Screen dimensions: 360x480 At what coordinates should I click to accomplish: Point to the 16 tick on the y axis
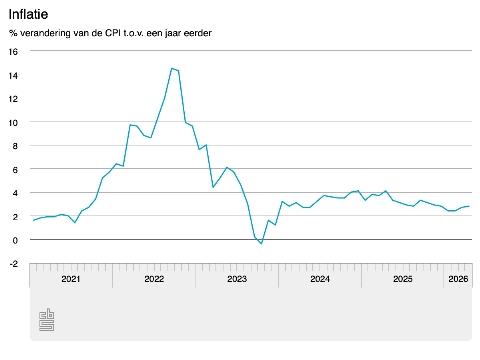13,51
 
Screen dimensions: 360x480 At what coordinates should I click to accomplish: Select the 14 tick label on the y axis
13,75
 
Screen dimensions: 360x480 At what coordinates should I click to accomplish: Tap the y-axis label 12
13,98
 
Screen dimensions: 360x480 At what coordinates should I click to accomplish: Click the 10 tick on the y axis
13,122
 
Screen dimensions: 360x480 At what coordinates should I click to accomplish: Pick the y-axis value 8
15,145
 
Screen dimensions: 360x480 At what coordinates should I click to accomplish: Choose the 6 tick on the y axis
15,169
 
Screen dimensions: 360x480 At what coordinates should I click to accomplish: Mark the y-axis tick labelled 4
15,192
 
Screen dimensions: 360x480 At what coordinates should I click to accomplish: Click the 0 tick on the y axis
15,240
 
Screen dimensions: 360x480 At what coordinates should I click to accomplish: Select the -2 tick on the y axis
13,263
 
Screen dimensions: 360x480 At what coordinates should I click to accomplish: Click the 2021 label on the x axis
70,279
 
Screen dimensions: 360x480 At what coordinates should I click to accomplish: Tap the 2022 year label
153,279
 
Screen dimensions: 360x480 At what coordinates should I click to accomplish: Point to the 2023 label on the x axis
236,279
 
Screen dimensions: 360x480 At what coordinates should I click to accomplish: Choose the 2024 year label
319,279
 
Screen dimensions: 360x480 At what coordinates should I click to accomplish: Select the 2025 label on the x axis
402,279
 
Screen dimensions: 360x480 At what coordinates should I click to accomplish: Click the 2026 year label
457,279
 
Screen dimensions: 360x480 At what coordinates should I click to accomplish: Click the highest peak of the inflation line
172,68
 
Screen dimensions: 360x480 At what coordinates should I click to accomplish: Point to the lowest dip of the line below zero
261,244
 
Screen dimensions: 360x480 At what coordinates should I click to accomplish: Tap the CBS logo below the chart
47,320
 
